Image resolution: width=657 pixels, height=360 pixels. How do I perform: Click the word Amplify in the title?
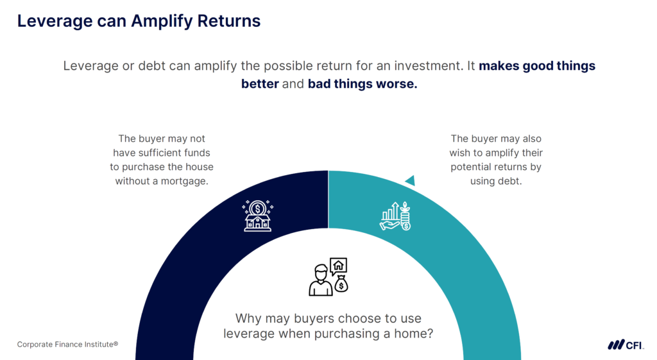[160, 21]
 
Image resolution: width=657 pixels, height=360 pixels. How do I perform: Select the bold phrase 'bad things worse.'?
[363, 84]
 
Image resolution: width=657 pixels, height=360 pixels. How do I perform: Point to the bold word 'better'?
[260, 84]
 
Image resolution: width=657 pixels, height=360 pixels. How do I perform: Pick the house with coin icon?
[257, 216]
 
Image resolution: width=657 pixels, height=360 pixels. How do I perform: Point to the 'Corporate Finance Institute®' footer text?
[67, 345]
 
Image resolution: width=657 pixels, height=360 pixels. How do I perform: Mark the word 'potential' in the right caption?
[474, 167]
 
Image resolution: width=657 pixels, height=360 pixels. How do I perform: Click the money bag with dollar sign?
[341, 283]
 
